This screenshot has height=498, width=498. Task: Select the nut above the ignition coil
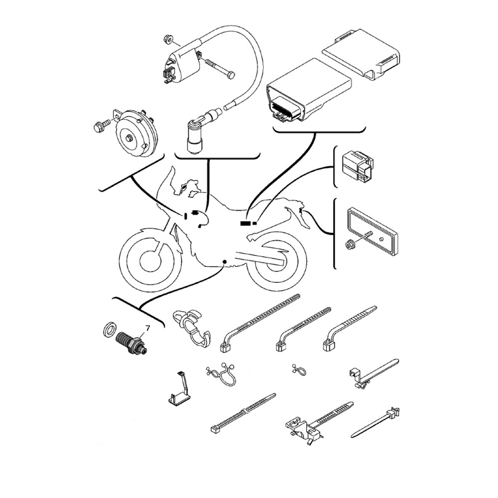pos(166,38)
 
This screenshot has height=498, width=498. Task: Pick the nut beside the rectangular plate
pos(350,245)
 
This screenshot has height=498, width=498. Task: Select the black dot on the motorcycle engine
pos(225,262)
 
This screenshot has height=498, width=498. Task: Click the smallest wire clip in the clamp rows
pos(298,370)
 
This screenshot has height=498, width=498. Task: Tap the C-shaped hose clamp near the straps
pos(191,327)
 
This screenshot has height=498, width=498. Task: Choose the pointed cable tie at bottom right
pos(375,422)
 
